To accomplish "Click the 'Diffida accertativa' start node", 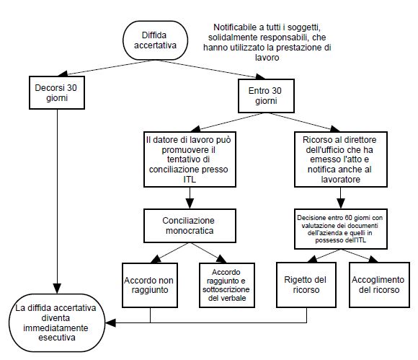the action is point(155,40).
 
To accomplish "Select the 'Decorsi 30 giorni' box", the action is point(57,92).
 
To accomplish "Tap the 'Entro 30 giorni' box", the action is point(266,96).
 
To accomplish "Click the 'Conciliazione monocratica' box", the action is point(190,226).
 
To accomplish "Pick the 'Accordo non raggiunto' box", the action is point(150,285).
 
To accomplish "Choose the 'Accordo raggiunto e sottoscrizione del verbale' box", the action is point(227,285).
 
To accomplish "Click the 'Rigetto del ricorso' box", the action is point(306,285).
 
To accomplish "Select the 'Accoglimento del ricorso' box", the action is point(379,285).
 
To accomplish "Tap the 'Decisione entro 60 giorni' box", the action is point(341,229).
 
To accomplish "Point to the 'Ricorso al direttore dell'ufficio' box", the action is point(341,159).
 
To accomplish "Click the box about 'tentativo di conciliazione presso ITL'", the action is point(190,159).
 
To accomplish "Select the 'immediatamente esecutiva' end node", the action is point(57,322).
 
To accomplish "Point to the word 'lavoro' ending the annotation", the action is point(267,58).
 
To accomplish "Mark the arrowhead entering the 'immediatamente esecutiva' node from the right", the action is point(110,323).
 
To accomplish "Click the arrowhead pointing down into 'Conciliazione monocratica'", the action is point(190,203).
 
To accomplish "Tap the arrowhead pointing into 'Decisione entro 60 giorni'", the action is point(341,203).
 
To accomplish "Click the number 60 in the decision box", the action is point(348,218).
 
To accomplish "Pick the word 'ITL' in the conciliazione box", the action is point(190,180).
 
